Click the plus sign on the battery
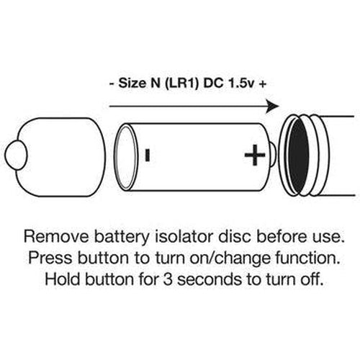255,155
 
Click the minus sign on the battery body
148,155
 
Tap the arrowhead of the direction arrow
273,106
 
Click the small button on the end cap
15,156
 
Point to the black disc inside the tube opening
298,156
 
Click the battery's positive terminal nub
273,155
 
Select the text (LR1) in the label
182,84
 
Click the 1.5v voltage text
242,84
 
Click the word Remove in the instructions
56,237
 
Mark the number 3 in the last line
168,279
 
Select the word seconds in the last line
210,279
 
